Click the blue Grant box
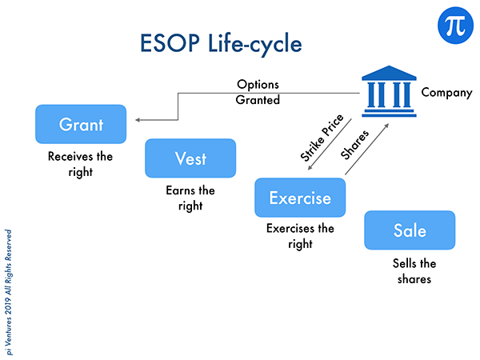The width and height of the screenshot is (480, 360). point(81,124)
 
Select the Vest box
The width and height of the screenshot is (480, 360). point(190,158)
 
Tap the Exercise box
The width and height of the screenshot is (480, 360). point(300,198)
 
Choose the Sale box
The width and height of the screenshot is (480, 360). point(410,230)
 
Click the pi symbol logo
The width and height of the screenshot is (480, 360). point(455,26)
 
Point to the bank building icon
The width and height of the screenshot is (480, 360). point(389,91)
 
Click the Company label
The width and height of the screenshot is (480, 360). point(446,93)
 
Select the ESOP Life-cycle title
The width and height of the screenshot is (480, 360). point(221,43)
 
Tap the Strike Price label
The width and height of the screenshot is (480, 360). point(322,138)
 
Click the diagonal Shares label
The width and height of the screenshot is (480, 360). point(354,145)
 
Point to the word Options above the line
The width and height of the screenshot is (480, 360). point(258,85)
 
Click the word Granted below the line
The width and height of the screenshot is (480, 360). point(258,100)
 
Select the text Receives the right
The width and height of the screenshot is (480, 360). point(81,164)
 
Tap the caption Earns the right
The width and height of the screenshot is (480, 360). point(190,198)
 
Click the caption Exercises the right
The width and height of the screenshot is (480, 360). point(300,236)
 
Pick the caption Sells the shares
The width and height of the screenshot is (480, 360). point(414,271)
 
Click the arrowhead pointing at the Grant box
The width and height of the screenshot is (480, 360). point(138,120)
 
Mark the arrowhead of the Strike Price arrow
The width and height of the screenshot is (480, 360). point(310,168)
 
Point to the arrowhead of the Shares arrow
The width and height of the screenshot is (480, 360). point(387,126)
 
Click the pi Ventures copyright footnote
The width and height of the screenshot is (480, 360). point(8,292)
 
